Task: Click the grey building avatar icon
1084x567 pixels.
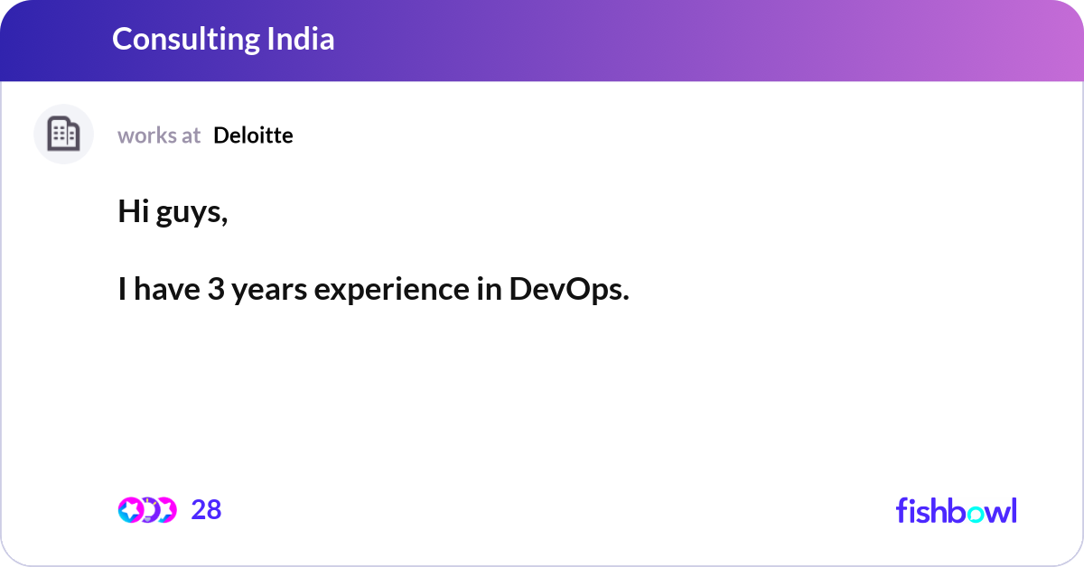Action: [63, 135]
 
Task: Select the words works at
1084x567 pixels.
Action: [159, 135]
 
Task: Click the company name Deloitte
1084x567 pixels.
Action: [253, 135]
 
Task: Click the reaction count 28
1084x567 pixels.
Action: [206, 510]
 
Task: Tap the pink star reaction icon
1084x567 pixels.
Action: [130, 510]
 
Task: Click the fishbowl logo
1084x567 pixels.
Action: [956, 510]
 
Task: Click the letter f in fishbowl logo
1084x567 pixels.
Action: [902, 510]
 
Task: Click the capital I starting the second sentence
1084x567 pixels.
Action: [122, 290]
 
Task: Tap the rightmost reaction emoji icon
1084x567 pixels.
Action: [165, 510]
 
